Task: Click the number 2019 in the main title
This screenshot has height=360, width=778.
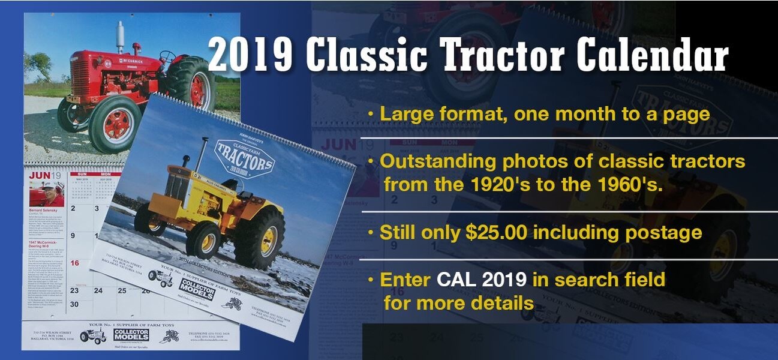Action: [x=251, y=56]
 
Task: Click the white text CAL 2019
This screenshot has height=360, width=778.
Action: [x=482, y=280]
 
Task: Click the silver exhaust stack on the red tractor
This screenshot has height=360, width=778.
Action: [x=120, y=37]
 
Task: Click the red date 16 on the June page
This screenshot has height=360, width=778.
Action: [x=75, y=263]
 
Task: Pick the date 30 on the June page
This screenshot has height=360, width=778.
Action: [x=75, y=304]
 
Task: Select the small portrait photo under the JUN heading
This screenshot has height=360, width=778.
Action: [x=46, y=194]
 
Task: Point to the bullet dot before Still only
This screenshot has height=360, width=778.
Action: [x=373, y=232]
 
